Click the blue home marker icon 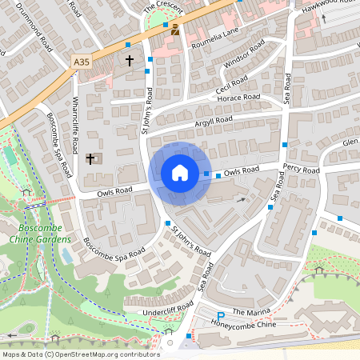[180, 172]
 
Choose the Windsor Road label [243, 57]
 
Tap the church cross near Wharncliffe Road [90, 158]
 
